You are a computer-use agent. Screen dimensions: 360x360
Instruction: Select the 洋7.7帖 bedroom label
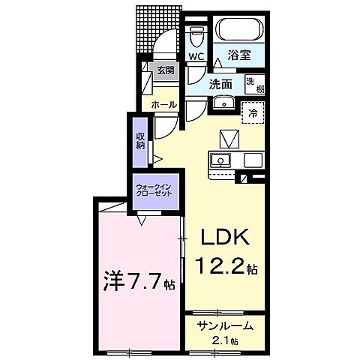138,284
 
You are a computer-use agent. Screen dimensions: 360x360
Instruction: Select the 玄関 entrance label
164,71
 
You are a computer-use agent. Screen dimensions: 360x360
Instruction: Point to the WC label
196,57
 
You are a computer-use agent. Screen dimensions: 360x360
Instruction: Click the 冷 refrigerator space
253,113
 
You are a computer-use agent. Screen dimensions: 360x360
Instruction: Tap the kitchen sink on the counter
221,159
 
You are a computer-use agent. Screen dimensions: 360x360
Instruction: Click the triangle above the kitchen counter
228,139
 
